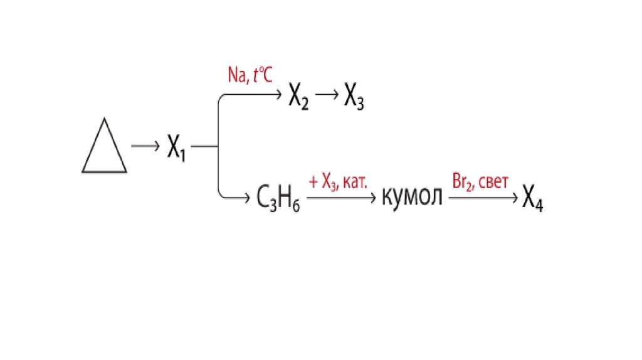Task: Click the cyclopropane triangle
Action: coord(104,150)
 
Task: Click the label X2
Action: coord(298,98)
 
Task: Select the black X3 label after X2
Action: coord(354,98)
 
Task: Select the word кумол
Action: coord(412,197)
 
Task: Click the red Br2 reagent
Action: coord(461,181)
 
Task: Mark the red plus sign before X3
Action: coord(313,182)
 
